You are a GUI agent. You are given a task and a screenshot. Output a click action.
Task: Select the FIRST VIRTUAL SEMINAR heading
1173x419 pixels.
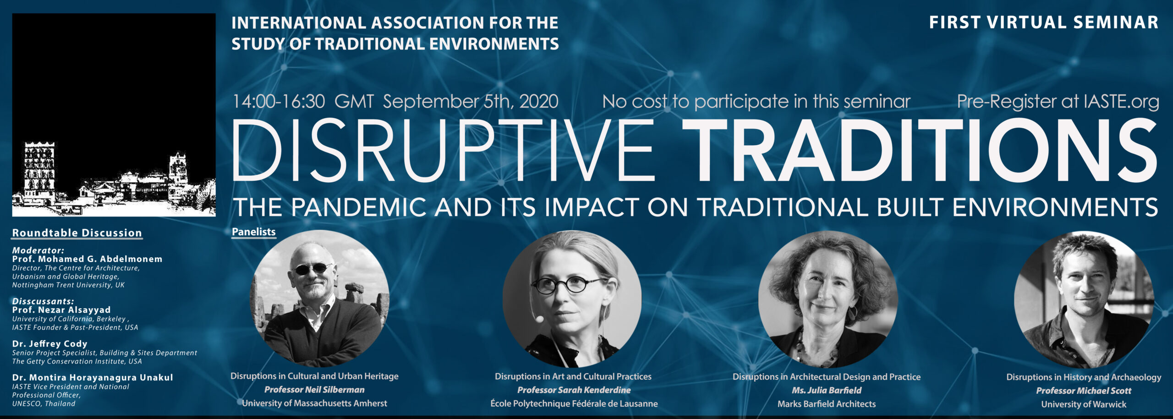1044,22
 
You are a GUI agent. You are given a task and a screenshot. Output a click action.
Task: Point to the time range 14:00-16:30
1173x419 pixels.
279,102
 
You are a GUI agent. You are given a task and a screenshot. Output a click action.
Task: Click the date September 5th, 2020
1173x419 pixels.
471,102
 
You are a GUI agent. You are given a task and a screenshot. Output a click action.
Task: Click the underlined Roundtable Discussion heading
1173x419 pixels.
77,233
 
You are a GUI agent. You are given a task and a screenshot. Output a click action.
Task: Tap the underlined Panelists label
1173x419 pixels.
253,232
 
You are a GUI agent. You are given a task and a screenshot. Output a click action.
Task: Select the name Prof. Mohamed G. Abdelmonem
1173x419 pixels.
87,259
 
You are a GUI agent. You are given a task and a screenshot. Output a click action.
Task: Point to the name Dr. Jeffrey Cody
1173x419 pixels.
49,343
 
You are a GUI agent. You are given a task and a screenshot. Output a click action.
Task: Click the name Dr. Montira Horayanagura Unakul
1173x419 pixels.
93,377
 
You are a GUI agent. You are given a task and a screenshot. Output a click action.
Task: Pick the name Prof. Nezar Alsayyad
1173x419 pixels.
61,310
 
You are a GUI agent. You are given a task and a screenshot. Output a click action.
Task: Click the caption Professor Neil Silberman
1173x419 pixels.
314,390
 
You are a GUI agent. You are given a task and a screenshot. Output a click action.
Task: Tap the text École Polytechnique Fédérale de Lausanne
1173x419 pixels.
574,403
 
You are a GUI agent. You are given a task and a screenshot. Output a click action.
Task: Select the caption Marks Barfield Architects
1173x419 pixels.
827,404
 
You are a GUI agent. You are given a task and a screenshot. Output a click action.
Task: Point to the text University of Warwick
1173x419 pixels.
1084,404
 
